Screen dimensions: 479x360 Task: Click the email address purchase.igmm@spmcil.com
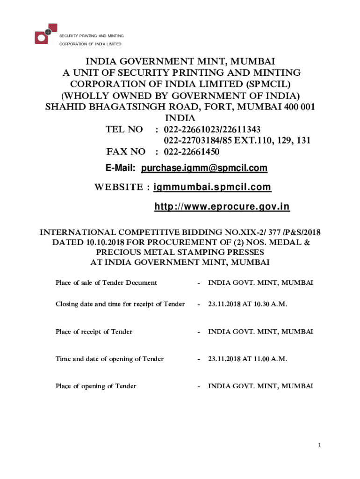204,168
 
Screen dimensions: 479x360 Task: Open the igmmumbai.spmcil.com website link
212,187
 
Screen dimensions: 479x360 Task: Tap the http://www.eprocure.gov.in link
222,207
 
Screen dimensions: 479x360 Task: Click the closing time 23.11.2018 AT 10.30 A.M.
247,304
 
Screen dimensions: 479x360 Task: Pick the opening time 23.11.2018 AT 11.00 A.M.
247,359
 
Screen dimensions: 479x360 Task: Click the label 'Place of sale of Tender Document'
106,283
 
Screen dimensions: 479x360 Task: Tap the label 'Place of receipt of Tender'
94,332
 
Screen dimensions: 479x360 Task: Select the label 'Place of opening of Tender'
96,386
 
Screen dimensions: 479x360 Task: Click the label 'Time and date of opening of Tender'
109,359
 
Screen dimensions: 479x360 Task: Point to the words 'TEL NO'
124,130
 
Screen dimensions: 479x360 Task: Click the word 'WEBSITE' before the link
119,188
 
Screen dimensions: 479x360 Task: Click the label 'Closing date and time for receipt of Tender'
120,304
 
